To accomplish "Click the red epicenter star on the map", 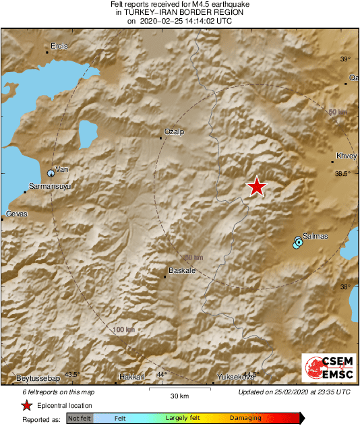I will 256,187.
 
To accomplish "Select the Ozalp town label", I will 174,131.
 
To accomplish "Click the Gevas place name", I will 16,214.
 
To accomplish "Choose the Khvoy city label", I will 346,156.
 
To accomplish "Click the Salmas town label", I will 316,236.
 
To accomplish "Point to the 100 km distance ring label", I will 124,330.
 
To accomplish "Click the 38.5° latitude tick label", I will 343,173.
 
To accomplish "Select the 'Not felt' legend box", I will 79,418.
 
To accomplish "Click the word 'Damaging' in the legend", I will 245,418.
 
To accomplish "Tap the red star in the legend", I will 26,405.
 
